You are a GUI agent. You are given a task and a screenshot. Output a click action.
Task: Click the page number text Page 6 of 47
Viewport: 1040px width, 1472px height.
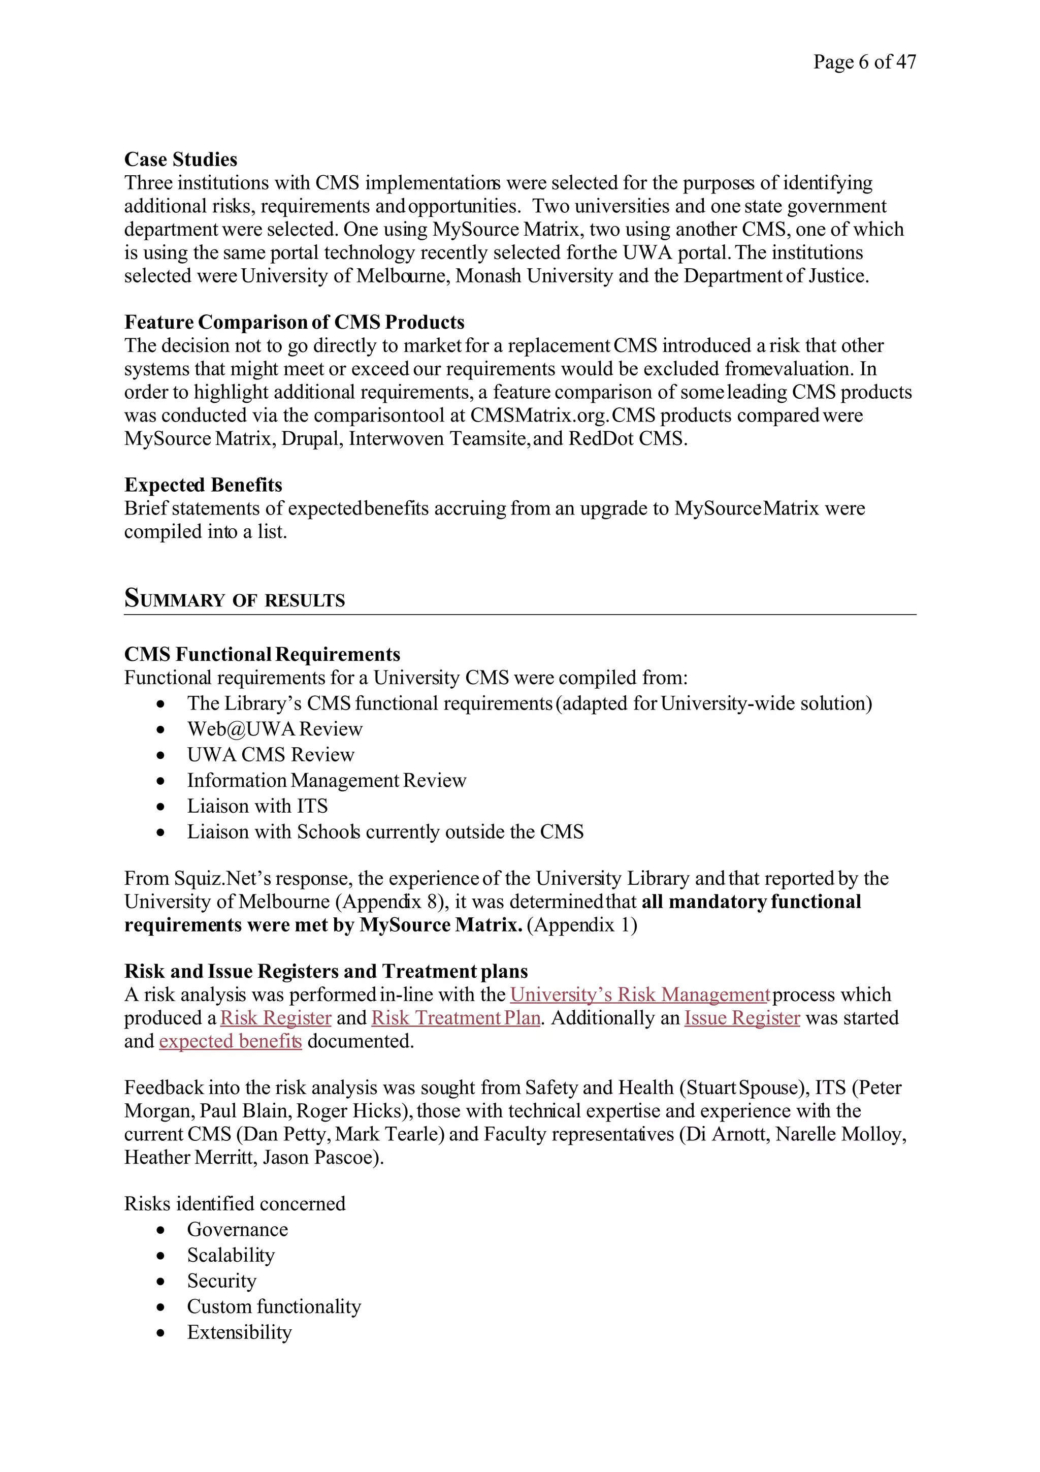[x=864, y=61]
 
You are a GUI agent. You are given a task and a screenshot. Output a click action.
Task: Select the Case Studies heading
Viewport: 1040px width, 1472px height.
[x=181, y=159]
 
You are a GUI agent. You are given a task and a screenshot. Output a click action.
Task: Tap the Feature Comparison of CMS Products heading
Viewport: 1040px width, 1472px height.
[x=294, y=322]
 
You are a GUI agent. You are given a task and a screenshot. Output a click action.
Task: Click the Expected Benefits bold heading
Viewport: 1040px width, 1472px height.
[x=203, y=485]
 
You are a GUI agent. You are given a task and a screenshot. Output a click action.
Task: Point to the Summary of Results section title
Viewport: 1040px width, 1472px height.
[x=235, y=599]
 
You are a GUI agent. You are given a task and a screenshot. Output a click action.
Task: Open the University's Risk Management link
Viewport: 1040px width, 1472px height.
[x=639, y=995]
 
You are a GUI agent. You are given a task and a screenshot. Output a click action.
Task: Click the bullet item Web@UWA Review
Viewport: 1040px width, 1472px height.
[x=274, y=729]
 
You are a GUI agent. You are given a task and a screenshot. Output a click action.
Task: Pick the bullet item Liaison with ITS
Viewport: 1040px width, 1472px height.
[x=257, y=806]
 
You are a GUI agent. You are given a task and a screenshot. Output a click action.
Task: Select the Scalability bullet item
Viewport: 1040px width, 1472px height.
[x=231, y=1255]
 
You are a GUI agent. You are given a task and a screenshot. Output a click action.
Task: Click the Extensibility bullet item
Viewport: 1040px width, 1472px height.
[x=239, y=1332]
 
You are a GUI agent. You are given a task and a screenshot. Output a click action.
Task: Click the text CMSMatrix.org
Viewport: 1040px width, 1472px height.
[x=539, y=415]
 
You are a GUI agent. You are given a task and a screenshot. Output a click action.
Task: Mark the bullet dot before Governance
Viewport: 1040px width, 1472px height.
[x=161, y=1230]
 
